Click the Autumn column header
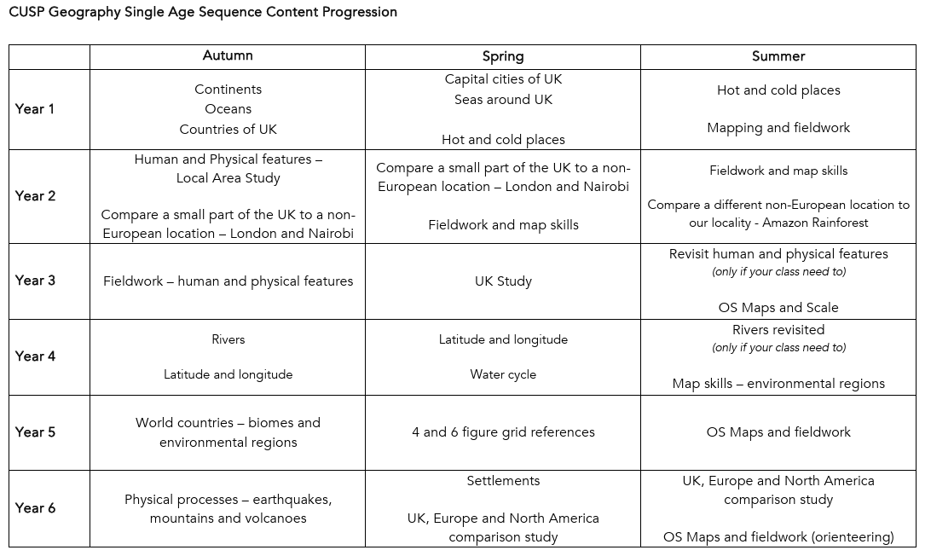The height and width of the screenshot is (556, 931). [228, 56]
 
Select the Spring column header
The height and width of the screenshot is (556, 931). [503, 56]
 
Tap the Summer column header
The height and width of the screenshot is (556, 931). [778, 56]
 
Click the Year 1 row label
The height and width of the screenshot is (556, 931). [35, 109]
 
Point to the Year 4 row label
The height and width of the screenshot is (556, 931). [35, 356]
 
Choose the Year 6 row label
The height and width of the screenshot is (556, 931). [35, 508]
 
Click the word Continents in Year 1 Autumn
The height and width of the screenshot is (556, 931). [228, 90]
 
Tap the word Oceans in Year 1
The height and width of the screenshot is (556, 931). [228, 109]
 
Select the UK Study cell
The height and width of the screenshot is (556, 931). [503, 281]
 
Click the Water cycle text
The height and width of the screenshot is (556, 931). [503, 374]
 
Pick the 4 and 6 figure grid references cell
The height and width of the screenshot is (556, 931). [503, 432]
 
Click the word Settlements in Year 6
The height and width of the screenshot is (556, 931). [503, 481]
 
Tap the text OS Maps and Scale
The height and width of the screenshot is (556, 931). [778, 308]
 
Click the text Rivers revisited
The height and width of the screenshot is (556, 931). [778, 330]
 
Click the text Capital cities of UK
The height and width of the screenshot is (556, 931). [503, 79]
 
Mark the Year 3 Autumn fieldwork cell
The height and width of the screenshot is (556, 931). [228, 281]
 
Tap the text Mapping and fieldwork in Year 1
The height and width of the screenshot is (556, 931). [778, 128]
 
